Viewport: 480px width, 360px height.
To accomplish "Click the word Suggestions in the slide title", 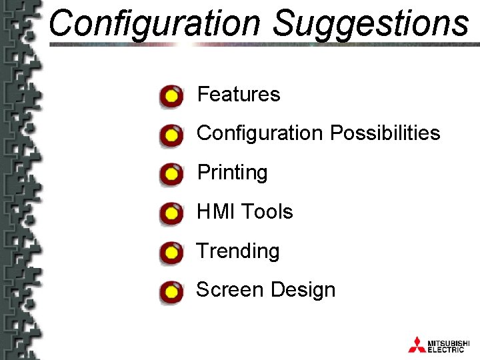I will (x=371, y=23).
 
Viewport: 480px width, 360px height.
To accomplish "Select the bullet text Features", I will (x=239, y=95).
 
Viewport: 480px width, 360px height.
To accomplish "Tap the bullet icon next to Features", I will (x=171, y=97).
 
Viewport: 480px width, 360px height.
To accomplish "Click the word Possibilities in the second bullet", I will (x=384, y=133).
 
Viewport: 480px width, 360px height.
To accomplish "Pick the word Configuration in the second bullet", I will (x=259, y=133).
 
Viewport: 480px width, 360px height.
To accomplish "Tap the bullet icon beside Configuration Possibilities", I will (x=171, y=136).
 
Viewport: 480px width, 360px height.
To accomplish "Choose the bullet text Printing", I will (x=232, y=173).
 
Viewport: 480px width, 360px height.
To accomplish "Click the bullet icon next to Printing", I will (x=171, y=175).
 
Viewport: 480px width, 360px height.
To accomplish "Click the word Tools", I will (x=267, y=212).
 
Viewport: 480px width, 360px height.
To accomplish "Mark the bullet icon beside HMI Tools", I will (x=171, y=214).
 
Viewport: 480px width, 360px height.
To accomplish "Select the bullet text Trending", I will (x=238, y=251).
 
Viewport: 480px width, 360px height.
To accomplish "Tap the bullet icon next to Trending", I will (x=171, y=253).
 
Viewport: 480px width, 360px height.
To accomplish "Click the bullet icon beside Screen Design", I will (x=171, y=292).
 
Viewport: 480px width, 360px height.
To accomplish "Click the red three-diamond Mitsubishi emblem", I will (x=417, y=344).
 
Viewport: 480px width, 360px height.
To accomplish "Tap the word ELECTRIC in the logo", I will (x=446, y=349).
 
